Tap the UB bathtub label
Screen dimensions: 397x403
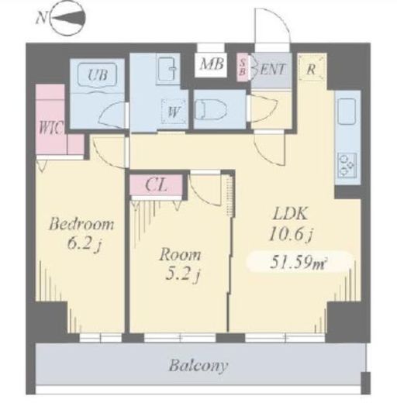(x=97, y=75)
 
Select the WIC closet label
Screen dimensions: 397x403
(x=51, y=128)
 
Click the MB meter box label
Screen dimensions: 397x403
(x=212, y=64)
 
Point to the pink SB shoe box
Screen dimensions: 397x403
(x=243, y=67)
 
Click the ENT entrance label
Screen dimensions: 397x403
(x=273, y=69)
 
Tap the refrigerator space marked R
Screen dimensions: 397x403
(x=311, y=67)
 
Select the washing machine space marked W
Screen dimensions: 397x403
(x=174, y=112)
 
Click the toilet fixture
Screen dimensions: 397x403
(x=211, y=110)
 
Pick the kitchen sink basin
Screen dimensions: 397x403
(x=347, y=111)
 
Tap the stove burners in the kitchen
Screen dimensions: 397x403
(x=347, y=166)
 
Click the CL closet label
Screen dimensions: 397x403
(x=156, y=185)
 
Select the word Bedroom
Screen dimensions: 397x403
(x=81, y=224)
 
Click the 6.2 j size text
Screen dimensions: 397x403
(x=83, y=244)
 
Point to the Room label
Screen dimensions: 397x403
(x=180, y=255)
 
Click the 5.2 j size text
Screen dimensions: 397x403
(x=182, y=275)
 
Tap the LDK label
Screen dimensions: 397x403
(x=290, y=214)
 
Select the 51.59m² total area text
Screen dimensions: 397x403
(x=297, y=263)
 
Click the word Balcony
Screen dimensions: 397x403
(x=198, y=367)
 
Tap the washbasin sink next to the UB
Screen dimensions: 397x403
(x=167, y=69)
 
